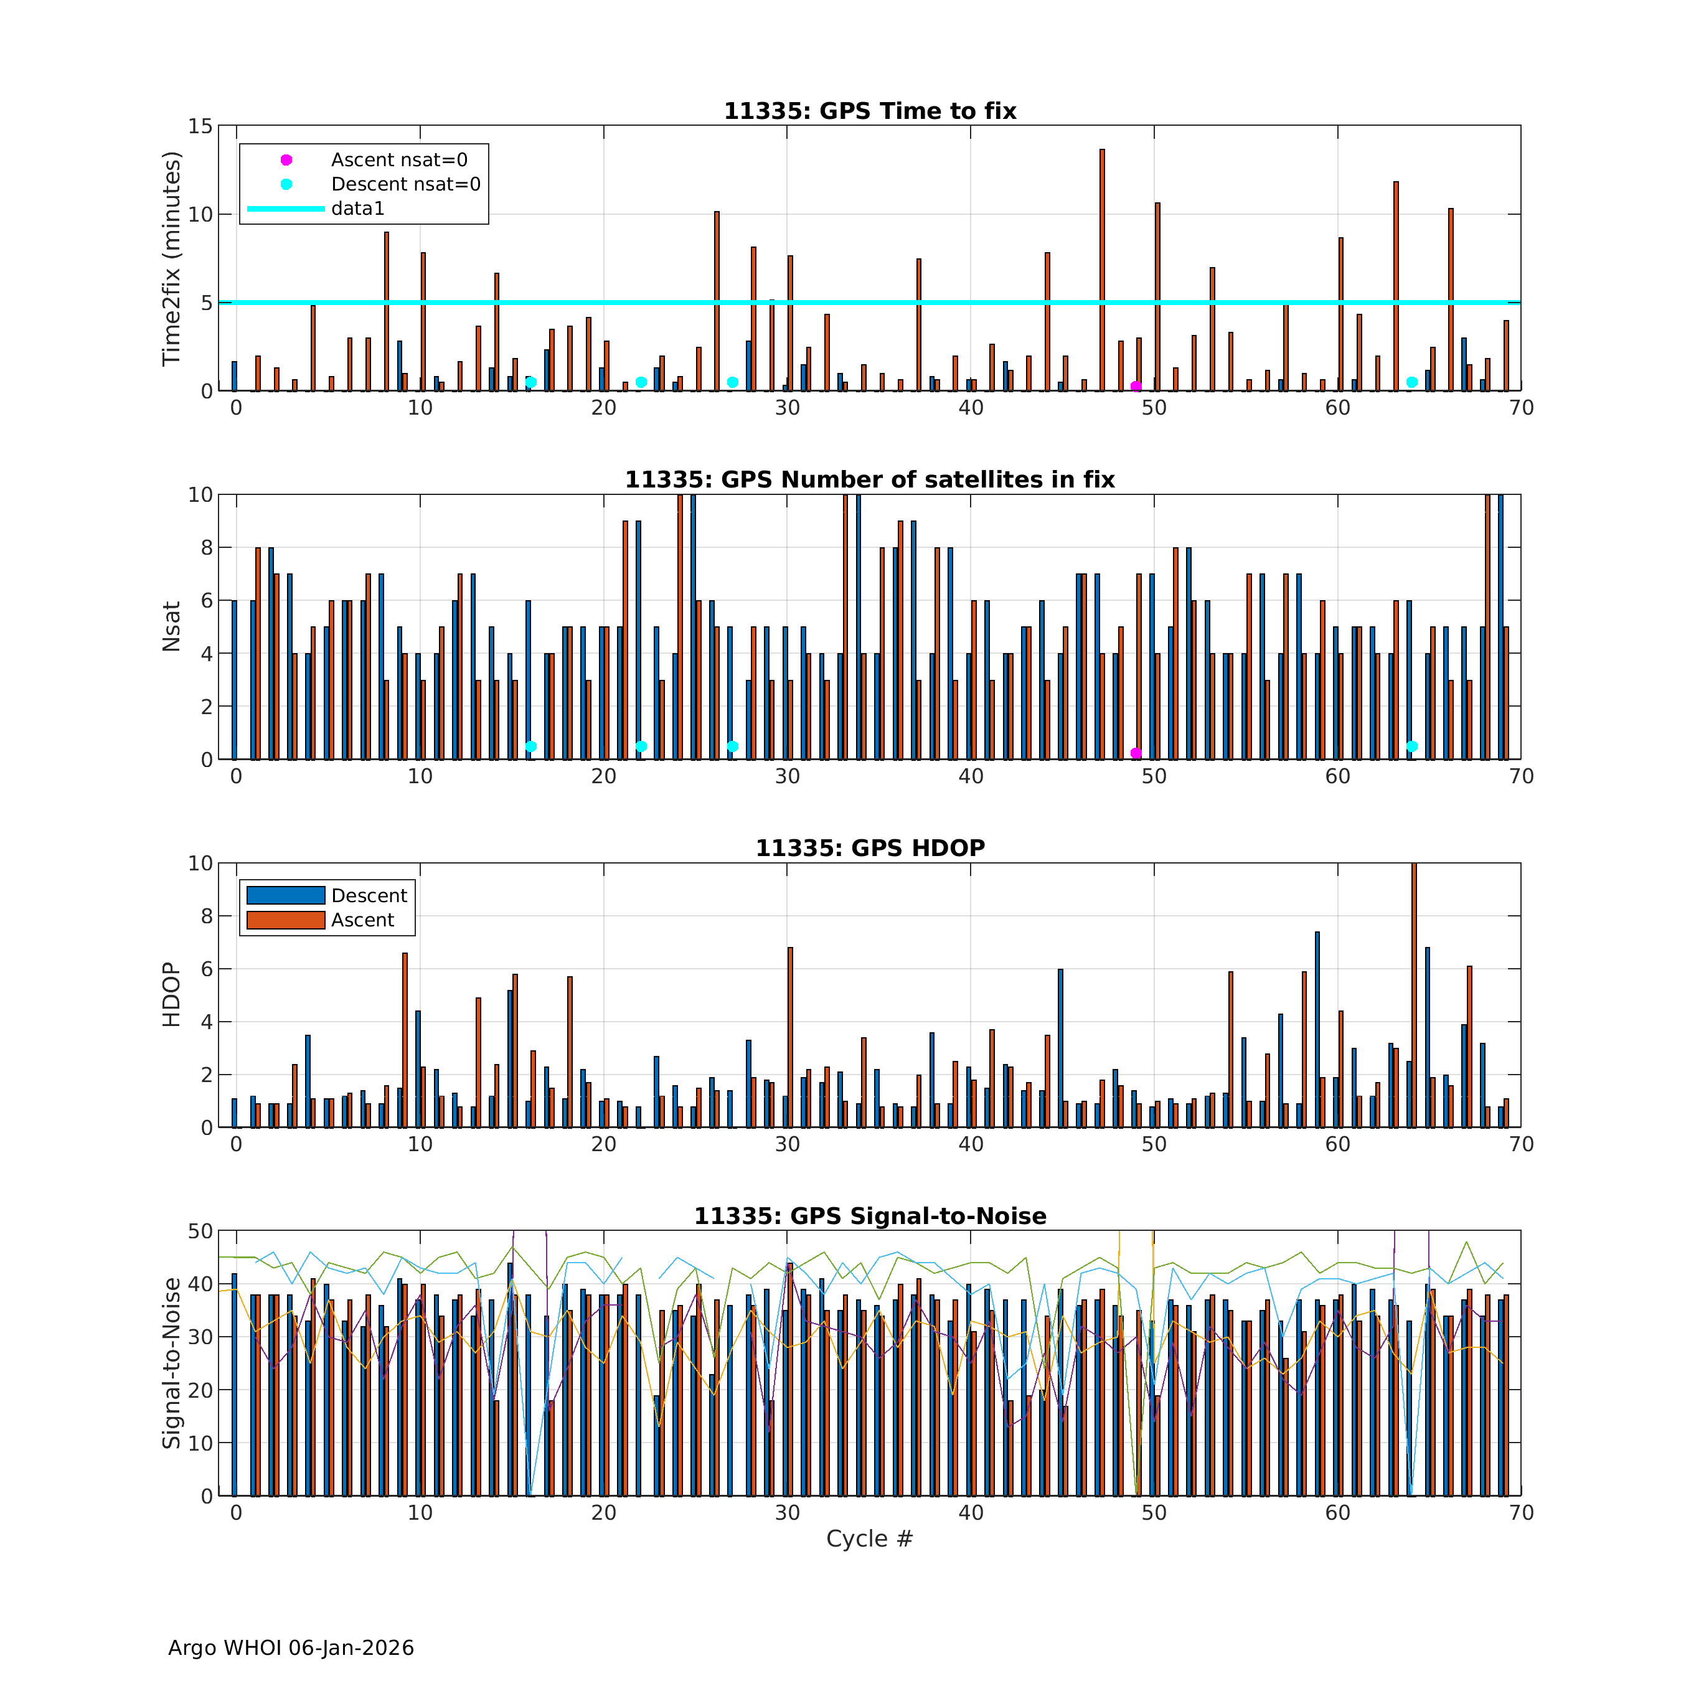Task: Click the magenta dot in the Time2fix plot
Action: [x=1136, y=386]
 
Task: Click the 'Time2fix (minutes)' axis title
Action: [x=171, y=258]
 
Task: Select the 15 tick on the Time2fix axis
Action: [x=200, y=127]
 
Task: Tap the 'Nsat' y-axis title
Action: [x=171, y=626]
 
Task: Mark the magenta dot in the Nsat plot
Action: [x=1136, y=753]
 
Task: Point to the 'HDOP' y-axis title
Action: [x=171, y=994]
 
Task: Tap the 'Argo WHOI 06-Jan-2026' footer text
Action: [x=291, y=1648]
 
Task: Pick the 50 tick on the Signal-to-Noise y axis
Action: [x=200, y=1231]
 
